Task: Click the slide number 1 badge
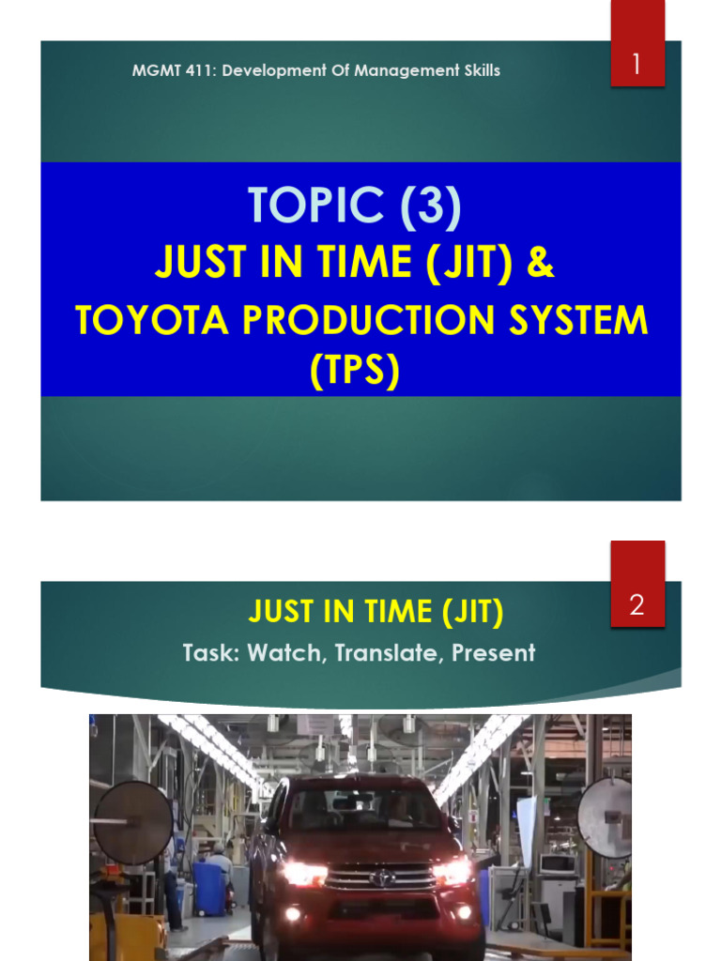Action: (x=637, y=66)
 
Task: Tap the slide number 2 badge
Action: (x=637, y=605)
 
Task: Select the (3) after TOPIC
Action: (x=428, y=206)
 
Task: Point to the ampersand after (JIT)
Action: (x=541, y=264)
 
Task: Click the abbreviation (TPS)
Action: (x=355, y=372)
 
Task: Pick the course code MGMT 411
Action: (x=166, y=70)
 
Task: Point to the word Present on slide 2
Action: (x=494, y=652)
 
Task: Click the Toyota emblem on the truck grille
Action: (x=382, y=877)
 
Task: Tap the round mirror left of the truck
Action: (x=132, y=822)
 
